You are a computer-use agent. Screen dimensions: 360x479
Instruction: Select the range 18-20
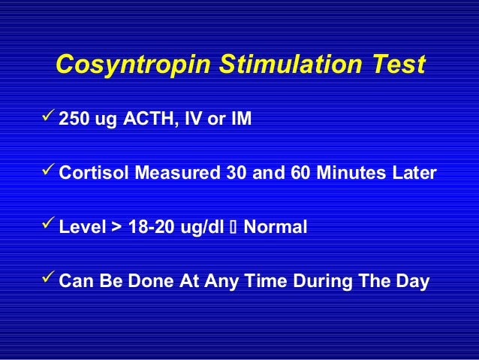tap(148, 226)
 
